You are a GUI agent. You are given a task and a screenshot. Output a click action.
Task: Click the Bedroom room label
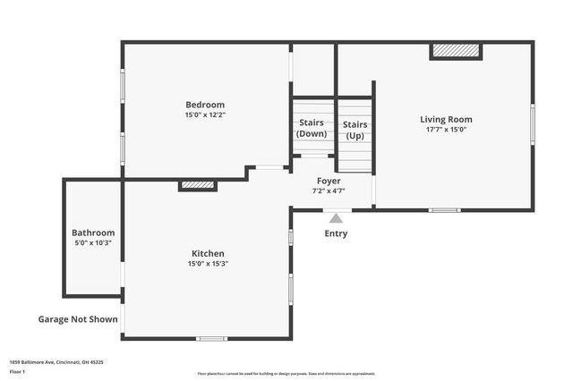point(205,105)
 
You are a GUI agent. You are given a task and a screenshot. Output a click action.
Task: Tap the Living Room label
point(446,119)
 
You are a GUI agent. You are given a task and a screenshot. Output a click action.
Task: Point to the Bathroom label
point(93,233)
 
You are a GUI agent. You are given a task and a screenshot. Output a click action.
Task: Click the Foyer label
point(329,181)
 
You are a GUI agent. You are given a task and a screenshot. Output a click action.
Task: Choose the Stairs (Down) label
point(312,129)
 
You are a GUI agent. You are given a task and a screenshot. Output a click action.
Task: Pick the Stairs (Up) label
point(355,129)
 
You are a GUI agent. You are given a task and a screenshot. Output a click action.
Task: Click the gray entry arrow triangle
point(336,217)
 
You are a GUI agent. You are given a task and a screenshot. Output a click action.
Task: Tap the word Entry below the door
point(336,234)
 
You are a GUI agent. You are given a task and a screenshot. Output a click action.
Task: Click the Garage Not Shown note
point(78,318)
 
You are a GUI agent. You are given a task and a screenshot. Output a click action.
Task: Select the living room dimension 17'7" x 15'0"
point(446,130)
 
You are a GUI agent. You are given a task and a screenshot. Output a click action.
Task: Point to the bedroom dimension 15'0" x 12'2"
point(205,115)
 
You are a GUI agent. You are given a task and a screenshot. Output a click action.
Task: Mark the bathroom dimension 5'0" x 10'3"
point(93,243)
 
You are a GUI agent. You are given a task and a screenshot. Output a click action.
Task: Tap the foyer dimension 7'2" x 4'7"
point(329,190)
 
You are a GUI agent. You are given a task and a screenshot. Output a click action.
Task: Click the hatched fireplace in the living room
point(456,51)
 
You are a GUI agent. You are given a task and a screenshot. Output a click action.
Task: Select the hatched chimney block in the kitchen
point(198,185)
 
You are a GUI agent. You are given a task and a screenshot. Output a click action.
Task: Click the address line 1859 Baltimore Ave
point(56,362)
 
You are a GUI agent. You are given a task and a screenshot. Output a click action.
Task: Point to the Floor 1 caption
point(17,370)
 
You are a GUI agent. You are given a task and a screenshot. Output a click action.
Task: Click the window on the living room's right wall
point(532,124)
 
